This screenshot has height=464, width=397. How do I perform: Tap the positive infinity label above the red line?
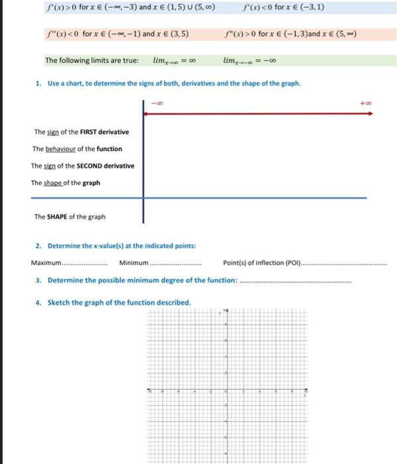click(x=365, y=103)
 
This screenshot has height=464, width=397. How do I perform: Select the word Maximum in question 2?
click(x=46, y=263)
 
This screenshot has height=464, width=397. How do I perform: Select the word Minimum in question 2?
click(x=133, y=263)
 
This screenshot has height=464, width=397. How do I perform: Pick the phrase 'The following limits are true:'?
click(x=92, y=60)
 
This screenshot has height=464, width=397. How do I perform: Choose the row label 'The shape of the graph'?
click(x=66, y=183)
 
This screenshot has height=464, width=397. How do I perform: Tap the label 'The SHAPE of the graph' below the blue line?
click(x=70, y=216)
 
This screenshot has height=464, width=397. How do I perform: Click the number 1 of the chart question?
click(x=38, y=84)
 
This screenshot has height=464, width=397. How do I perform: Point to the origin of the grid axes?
click(x=226, y=392)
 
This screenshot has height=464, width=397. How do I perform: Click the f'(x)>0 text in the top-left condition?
click(x=58, y=8)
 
